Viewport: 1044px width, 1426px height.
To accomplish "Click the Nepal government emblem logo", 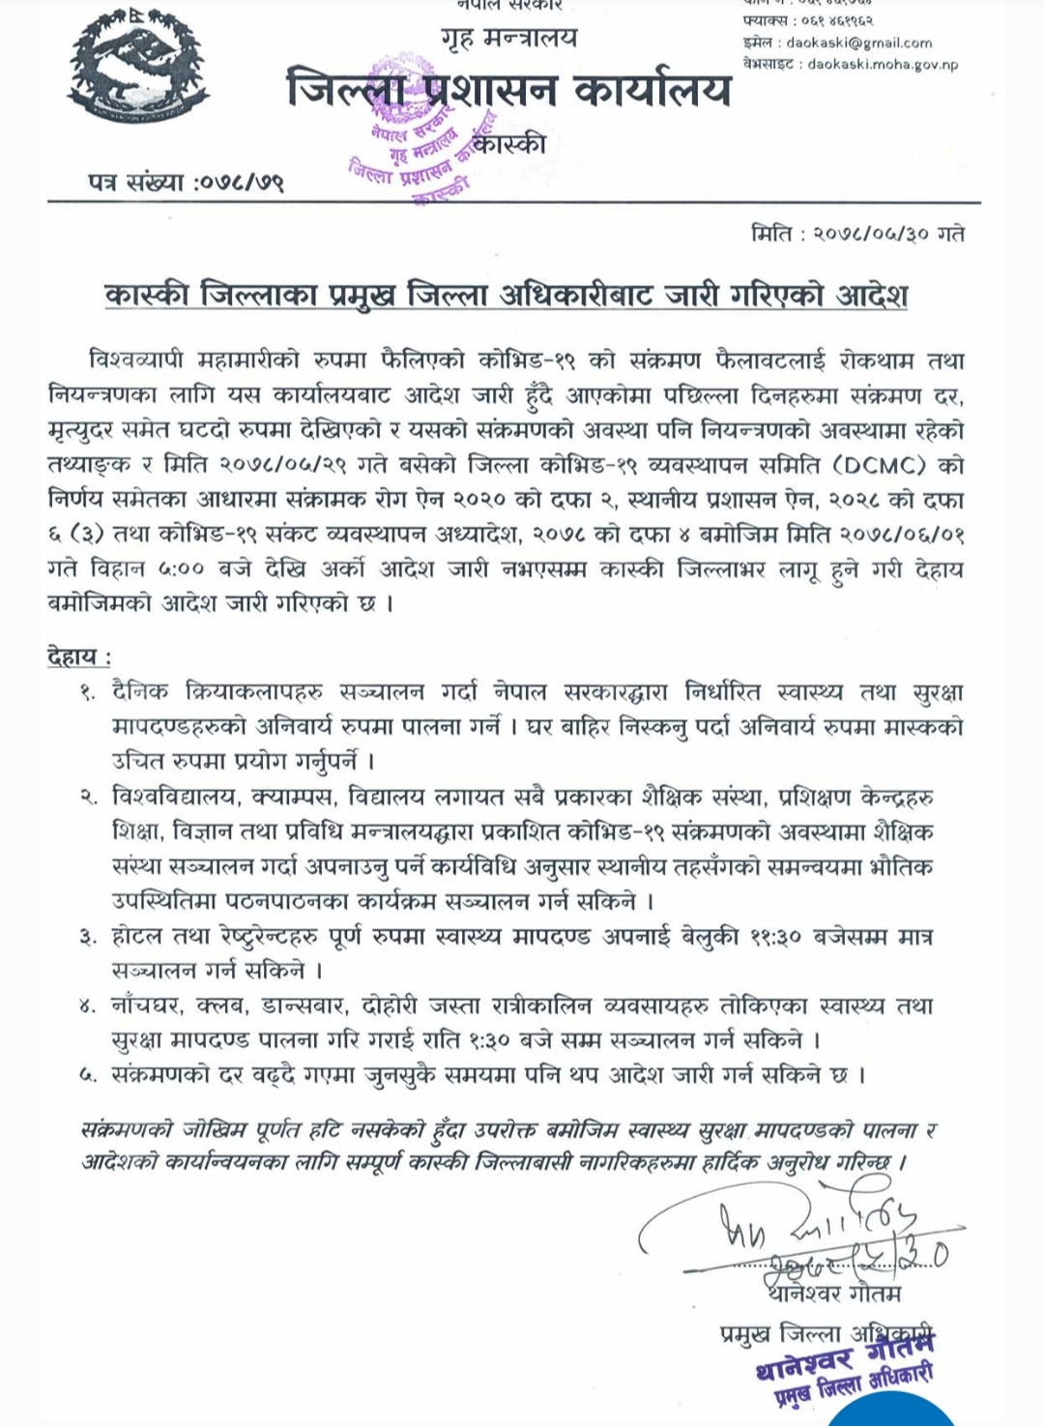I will [x=138, y=68].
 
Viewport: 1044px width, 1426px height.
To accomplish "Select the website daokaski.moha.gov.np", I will [x=883, y=64].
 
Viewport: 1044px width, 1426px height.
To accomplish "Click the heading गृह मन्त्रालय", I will [x=508, y=39].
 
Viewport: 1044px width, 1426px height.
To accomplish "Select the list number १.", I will [x=88, y=693].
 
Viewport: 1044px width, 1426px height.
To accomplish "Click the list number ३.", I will [x=88, y=938].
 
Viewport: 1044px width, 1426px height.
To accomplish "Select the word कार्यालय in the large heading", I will [x=652, y=90].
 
